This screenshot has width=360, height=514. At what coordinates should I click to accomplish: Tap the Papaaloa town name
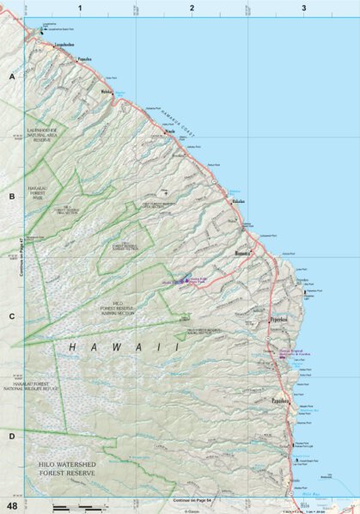click(84, 60)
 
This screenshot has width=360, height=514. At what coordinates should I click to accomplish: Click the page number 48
click(12, 505)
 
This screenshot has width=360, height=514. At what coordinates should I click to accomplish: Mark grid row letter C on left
click(12, 316)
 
